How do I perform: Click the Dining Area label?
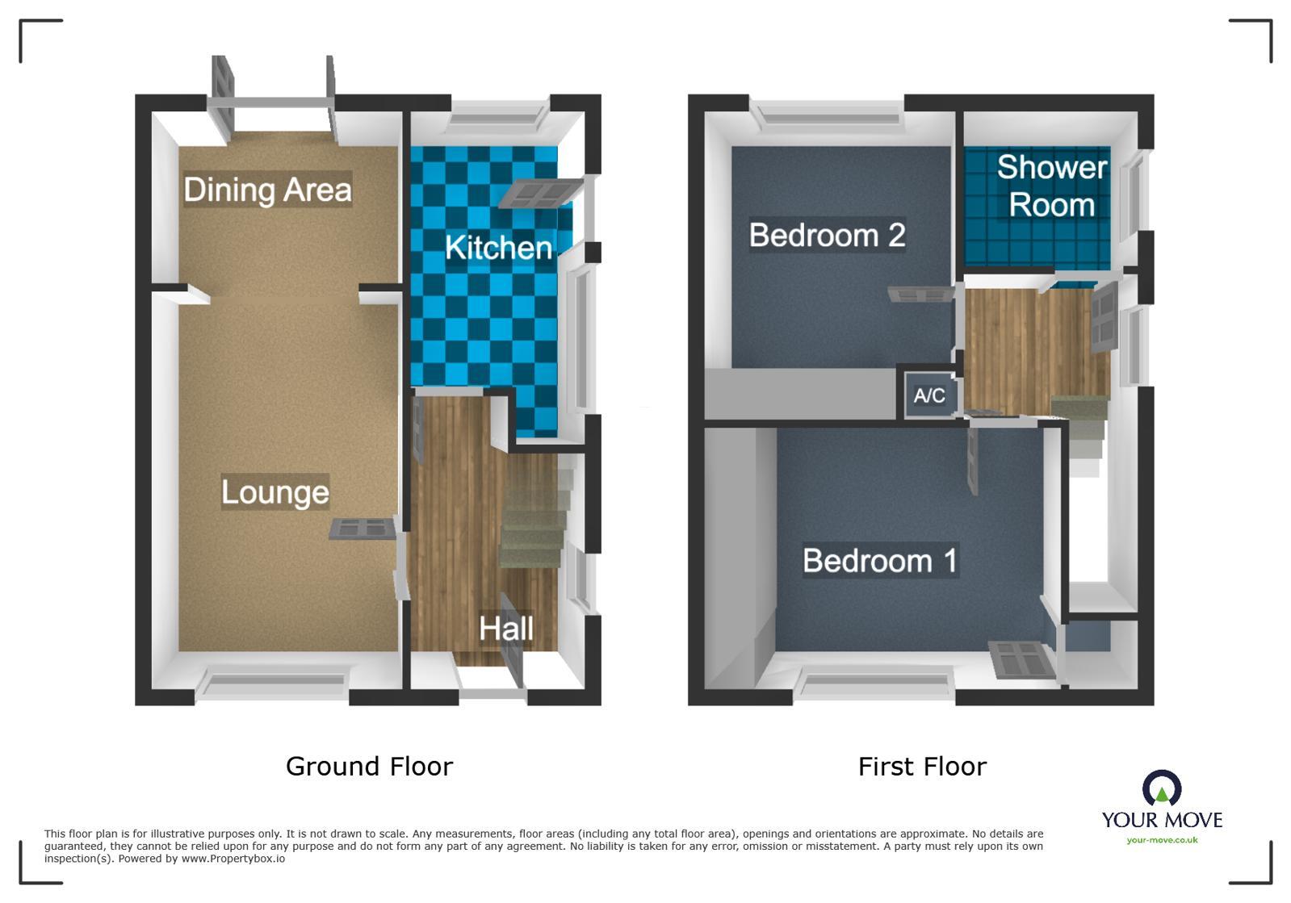tap(267, 190)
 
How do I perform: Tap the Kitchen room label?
tap(498, 248)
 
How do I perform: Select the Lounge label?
tap(275, 492)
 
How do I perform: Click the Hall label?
tap(506, 629)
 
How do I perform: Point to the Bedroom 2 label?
tap(827, 235)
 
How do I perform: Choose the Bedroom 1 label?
tap(879, 560)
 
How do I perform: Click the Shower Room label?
tap(1051, 186)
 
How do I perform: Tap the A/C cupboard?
tap(929, 395)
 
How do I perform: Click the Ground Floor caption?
tap(369, 766)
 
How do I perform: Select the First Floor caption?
tap(922, 766)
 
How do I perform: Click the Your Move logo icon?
tap(1161, 788)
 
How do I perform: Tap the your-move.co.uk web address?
tap(1162, 840)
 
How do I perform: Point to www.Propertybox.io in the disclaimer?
tap(233, 859)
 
